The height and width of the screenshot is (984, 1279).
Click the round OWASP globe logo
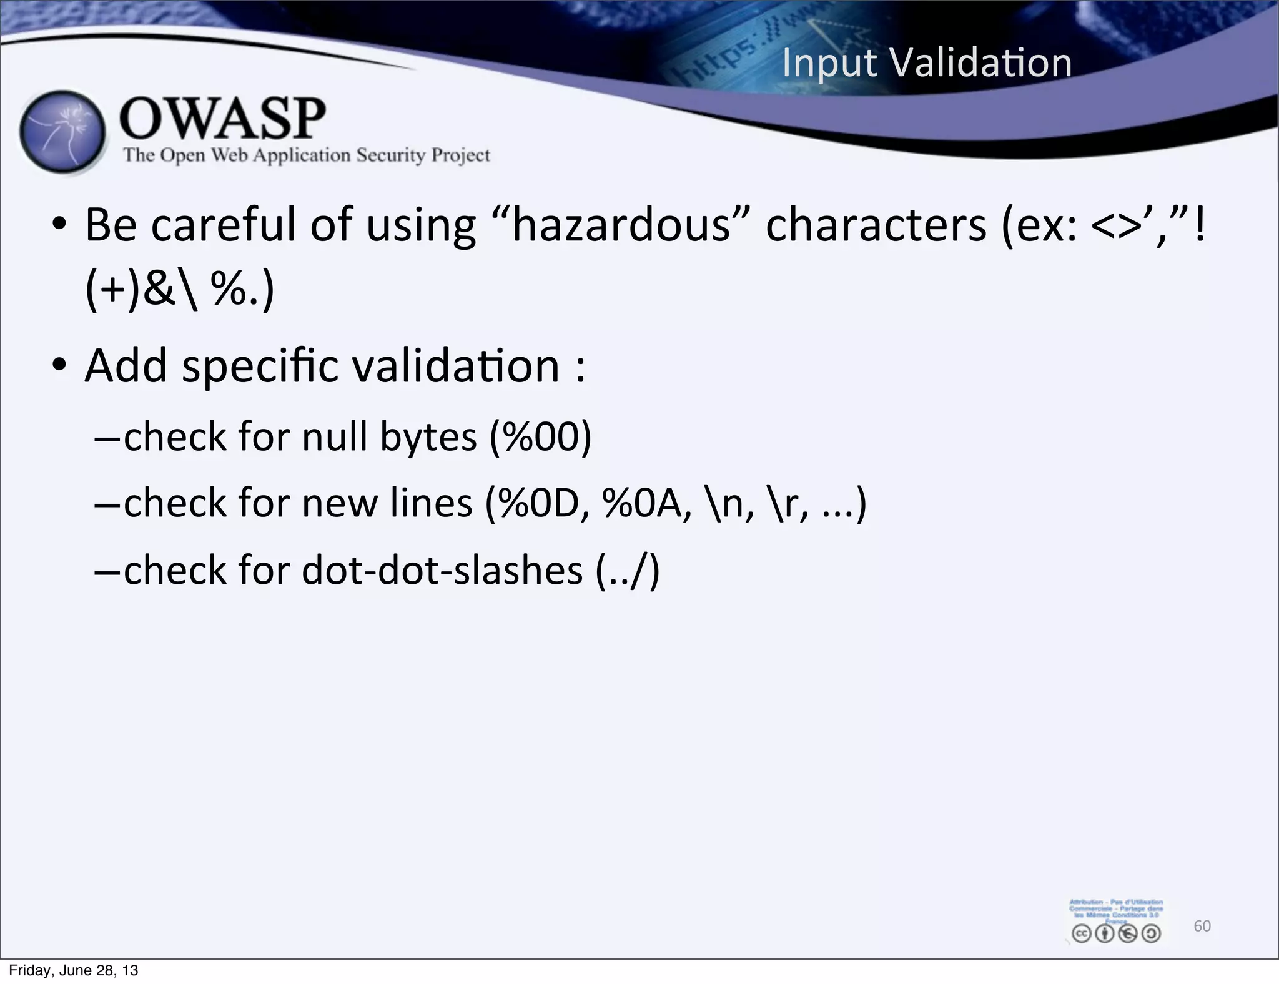[x=62, y=132]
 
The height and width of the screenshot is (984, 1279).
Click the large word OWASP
[x=222, y=118]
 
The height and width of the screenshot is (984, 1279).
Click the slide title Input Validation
[x=927, y=63]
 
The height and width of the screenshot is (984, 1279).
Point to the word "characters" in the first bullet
[x=876, y=225]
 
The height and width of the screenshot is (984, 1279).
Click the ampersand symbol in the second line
[x=159, y=290]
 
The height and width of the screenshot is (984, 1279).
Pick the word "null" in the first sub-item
[x=334, y=436]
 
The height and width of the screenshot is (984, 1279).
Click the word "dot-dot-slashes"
[x=442, y=570]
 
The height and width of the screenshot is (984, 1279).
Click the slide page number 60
[x=1202, y=926]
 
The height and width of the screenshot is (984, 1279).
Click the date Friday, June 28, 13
[x=73, y=970]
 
